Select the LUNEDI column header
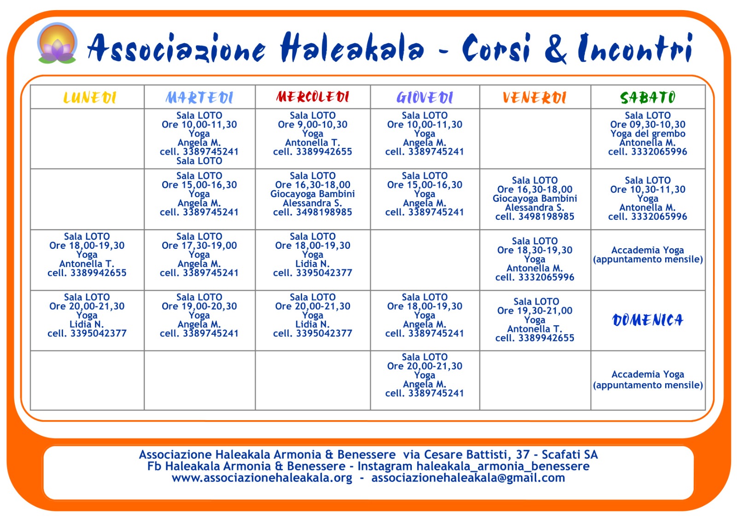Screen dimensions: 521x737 (x=89, y=98)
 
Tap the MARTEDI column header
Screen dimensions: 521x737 (x=199, y=98)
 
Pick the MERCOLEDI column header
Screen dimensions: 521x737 (x=313, y=97)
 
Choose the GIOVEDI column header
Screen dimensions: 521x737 (x=425, y=98)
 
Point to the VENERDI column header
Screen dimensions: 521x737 (x=534, y=98)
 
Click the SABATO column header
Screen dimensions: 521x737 (x=648, y=98)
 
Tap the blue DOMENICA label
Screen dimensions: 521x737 (x=648, y=320)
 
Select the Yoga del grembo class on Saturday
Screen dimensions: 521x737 (x=648, y=134)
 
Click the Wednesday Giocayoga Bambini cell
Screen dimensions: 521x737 (x=313, y=194)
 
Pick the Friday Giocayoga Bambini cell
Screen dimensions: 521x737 (x=534, y=199)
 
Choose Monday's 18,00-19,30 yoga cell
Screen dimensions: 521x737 (x=87, y=255)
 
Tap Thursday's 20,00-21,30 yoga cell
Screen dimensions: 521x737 (x=425, y=375)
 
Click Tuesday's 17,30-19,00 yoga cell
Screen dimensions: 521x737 (x=199, y=255)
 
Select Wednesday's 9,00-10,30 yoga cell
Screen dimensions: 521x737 (x=313, y=134)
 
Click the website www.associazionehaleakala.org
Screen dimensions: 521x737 (x=262, y=478)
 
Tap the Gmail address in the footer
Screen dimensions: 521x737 (x=468, y=478)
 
